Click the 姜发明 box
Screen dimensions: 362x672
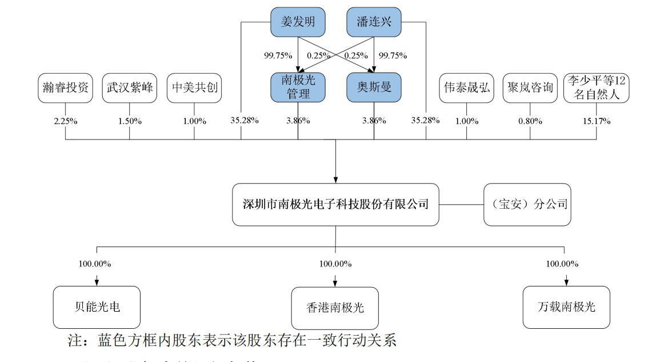point(298,22)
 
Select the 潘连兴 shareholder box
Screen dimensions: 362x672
point(374,22)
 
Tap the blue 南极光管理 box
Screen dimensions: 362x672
point(298,87)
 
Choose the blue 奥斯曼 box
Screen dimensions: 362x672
point(374,87)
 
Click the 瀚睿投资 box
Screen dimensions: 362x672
point(65,87)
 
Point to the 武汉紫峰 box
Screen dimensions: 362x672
point(130,87)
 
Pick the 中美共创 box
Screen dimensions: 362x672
point(194,87)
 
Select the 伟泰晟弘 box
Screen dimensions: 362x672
point(466,87)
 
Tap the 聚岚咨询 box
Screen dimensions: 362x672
point(530,87)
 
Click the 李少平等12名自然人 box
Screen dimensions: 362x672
point(596,87)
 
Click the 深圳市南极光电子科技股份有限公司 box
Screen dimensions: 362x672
point(335,204)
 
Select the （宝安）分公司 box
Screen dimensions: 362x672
point(527,204)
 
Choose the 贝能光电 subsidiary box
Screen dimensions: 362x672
point(97,307)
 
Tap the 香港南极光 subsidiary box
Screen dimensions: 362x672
point(335,308)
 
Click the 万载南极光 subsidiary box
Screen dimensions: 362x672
point(566,307)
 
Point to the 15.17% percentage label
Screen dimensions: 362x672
point(596,121)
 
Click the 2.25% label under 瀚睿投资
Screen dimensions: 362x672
point(65,121)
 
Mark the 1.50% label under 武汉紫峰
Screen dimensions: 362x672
point(130,121)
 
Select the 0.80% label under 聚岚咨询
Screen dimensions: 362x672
point(530,121)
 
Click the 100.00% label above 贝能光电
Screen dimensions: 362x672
point(95,264)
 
